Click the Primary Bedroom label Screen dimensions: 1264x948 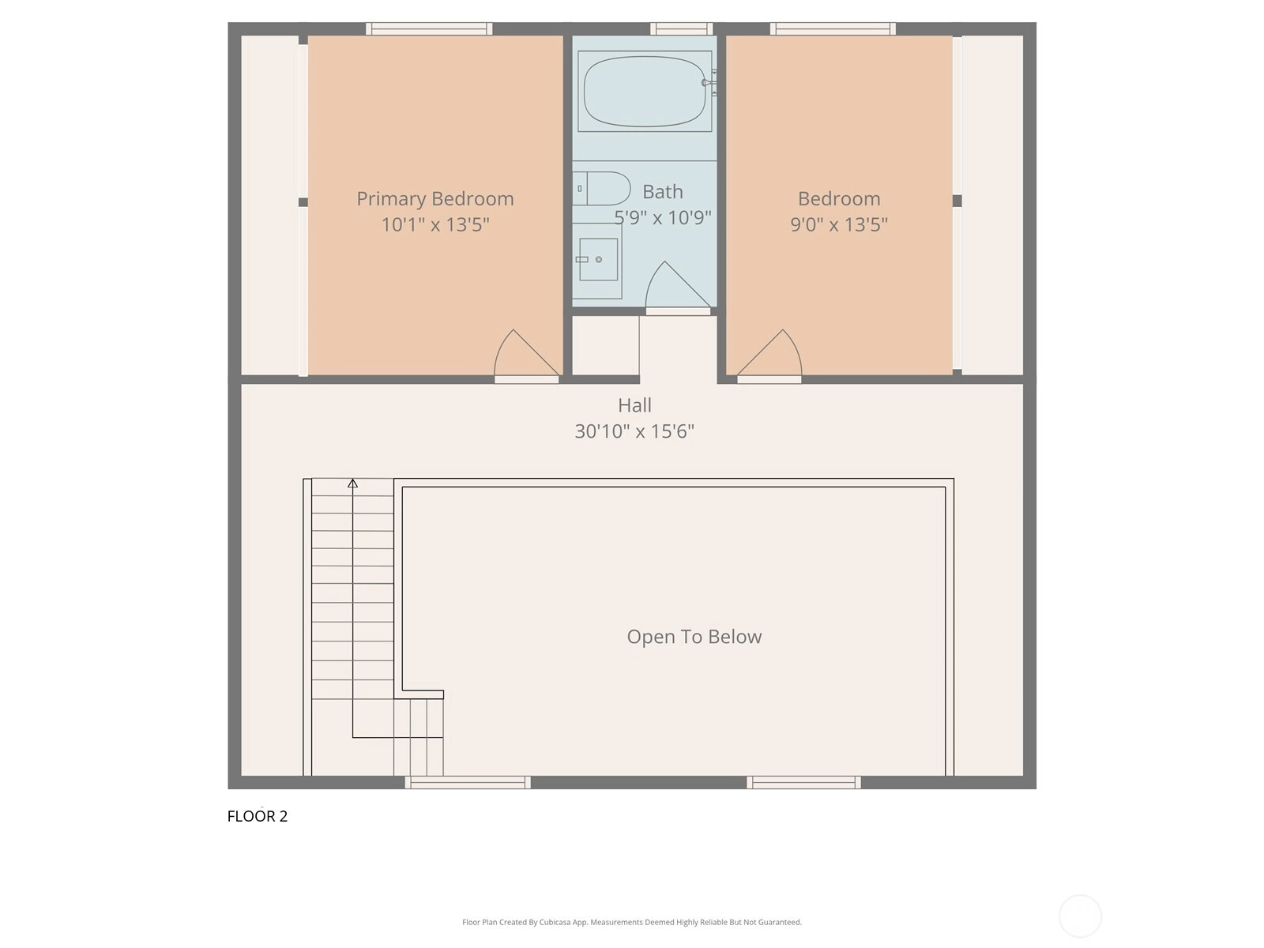click(434, 198)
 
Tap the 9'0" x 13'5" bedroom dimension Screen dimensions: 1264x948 click(838, 224)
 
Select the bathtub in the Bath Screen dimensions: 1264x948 click(645, 91)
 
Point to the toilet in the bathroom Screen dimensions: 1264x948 click(601, 188)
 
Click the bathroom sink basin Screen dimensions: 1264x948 click(598, 260)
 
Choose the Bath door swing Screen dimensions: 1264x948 click(677, 285)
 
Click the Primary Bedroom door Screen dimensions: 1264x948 click(526, 353)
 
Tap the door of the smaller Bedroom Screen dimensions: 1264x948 click(769, 353)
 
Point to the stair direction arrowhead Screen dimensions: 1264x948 click(352, 483)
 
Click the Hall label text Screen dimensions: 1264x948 click(634, 405)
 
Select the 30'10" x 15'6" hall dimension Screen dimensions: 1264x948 click(634, 431)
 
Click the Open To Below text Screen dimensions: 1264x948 click(694, 637)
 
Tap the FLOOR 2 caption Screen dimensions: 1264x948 click(258, 816)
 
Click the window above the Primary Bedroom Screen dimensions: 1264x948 click(429, 28)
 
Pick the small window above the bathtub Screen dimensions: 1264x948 click(681, 28)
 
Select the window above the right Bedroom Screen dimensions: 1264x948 click(833, 28)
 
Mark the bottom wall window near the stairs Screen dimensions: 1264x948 click(468, 782)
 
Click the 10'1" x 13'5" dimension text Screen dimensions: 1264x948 click(435, 224)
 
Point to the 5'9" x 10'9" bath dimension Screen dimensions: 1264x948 click(663, 217)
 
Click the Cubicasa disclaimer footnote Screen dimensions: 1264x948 click(632, 922)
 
